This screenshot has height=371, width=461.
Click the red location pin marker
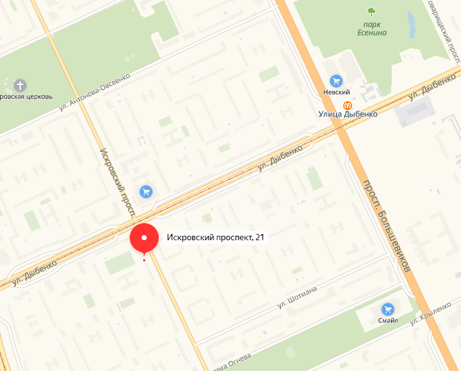[x=145, y=239]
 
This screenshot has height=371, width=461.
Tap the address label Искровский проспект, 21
[x=215, y=238]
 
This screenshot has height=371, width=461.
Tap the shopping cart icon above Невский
[x=336, y=80]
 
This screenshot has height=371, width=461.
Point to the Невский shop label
[x=336, y=92]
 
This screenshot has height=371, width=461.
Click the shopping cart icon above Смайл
[x=388, y=309]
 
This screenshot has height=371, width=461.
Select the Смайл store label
[x=388, y=321]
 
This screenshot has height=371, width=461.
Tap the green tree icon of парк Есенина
[x=371, y=11]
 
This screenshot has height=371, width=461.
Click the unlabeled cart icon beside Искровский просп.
[x=146, y=191]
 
